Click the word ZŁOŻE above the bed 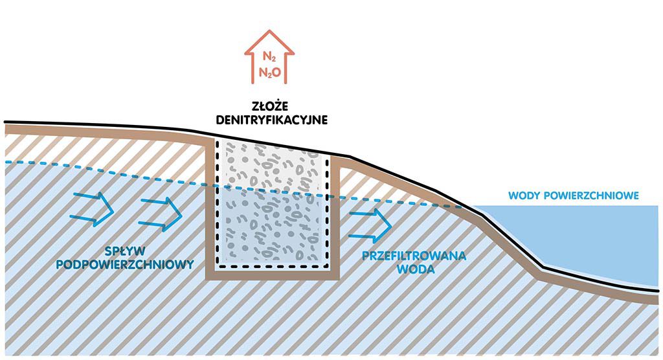pos(271,106)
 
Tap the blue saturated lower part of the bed pos(272,227)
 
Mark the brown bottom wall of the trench pos(272,275)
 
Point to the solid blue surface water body pos(583,240)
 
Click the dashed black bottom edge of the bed pos(272,266)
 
